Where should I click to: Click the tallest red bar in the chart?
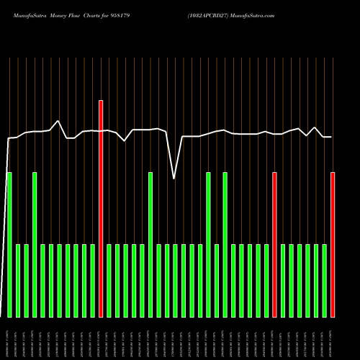point(101,209)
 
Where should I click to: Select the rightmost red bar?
point(333,245)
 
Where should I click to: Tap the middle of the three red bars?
point(274,245)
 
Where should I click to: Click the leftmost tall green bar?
point(9,245)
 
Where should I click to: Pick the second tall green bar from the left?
point(35,245)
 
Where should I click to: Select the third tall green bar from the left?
point(150,245)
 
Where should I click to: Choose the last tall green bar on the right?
point(225,245)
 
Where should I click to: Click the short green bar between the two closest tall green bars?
point(217,281)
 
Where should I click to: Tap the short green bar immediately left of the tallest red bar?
point(92,281)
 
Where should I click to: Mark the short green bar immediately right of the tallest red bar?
point(109,281)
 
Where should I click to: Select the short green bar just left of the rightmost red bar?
point(325,281)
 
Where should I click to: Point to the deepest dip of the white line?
point(174,178)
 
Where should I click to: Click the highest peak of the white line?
point(59,120)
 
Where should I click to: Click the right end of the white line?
point(331,137)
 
